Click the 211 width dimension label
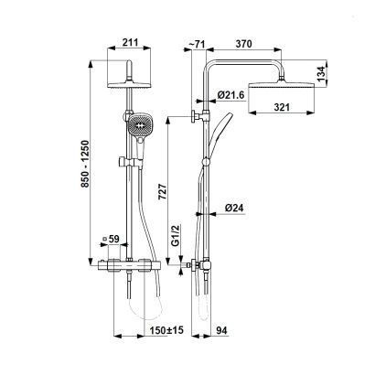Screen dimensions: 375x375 tap(130, 42)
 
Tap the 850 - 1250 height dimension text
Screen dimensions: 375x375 tap(86, 164)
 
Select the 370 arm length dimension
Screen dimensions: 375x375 tap(244, 44)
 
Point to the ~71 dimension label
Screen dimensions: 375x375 tap(197, 44)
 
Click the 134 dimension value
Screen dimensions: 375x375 tap(320, 74)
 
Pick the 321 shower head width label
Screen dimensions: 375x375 tap(282, 107)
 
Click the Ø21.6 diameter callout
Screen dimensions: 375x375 tap(230, 95)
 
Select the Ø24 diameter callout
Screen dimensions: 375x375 tap(234, 208)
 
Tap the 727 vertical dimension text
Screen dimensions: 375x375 tap(163, 191)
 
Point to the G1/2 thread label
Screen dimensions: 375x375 tap(176, 235)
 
